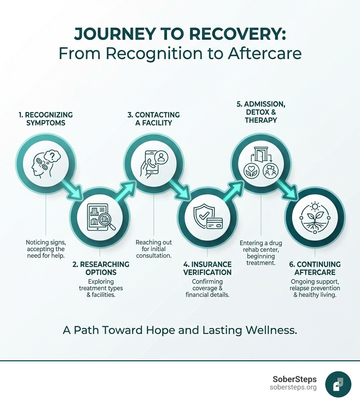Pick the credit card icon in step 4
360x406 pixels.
coord(214,223)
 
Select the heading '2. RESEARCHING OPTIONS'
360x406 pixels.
coord(101,268)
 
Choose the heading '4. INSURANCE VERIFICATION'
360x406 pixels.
coord(207,268)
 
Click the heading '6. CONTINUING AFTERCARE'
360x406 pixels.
coord(315,268)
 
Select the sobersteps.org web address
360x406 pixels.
coord(293,387)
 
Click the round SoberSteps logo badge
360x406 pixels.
coord(338,384)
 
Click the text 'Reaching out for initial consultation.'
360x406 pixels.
coord(154,249)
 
